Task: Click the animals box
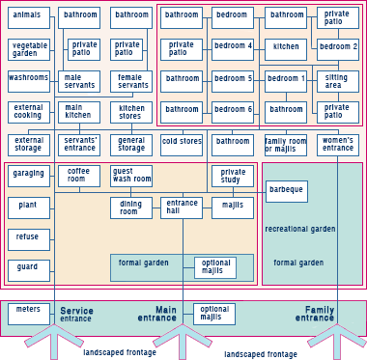[x=28, y=17]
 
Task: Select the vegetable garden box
[x=28, y=49]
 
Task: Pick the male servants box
[x=78, y=81]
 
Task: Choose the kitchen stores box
[x=130, y=113]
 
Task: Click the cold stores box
[x=182, y=145]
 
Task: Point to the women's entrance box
[x=337, y=145]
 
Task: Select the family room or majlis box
[x=285, y=145]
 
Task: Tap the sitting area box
[x=337, y=81]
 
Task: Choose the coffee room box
[x=78, y=176]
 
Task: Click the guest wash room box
[x=130, y=176]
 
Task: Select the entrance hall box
[x=182, y=208]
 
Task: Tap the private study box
[x=233, y=176]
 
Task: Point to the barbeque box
[x=286, y=191]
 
